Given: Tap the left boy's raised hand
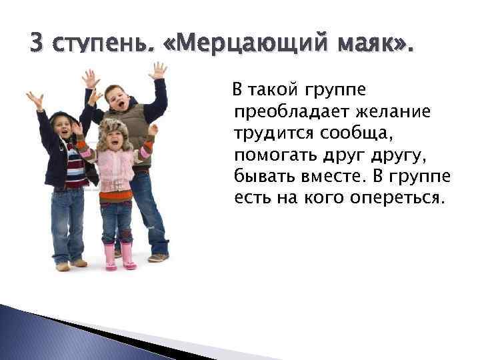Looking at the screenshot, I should click(35, 100).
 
